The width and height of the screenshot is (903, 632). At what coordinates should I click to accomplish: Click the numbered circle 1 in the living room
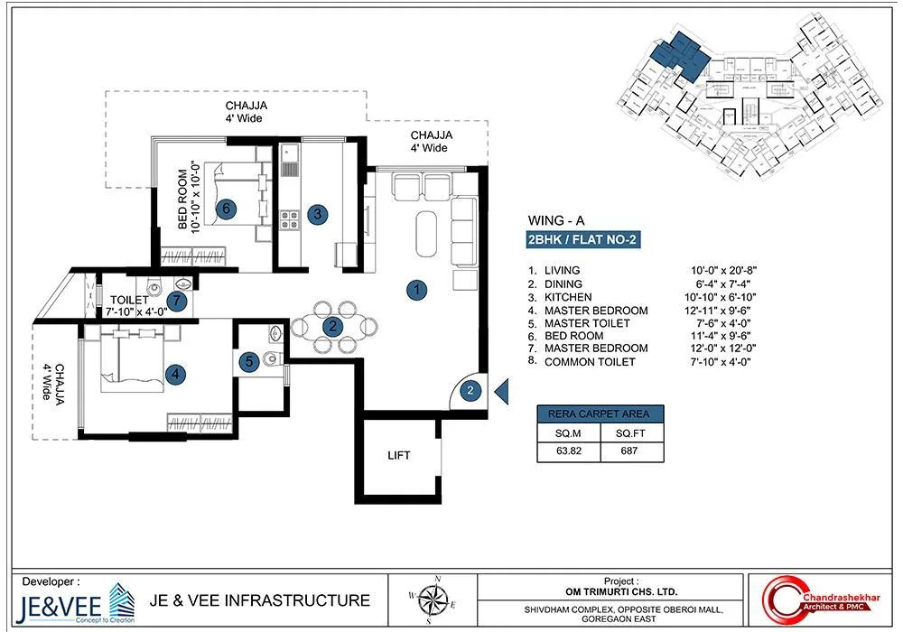click(x=416, y=290)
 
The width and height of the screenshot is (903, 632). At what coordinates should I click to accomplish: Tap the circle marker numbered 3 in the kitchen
click(x=317, y=214)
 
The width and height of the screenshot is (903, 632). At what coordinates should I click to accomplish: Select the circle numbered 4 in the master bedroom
click(x=177, y=372)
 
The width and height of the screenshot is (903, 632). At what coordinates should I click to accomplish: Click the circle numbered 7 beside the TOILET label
click(x=178, y=301)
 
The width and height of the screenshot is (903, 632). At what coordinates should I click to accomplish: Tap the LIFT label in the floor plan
click(x=398, y=456)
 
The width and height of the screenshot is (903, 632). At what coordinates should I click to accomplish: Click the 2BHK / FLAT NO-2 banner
click(x=583, y=240)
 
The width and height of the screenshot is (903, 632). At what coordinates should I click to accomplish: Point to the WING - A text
click(x=554, y=219)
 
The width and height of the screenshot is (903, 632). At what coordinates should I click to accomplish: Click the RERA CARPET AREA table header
click(x=600, y=414)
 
